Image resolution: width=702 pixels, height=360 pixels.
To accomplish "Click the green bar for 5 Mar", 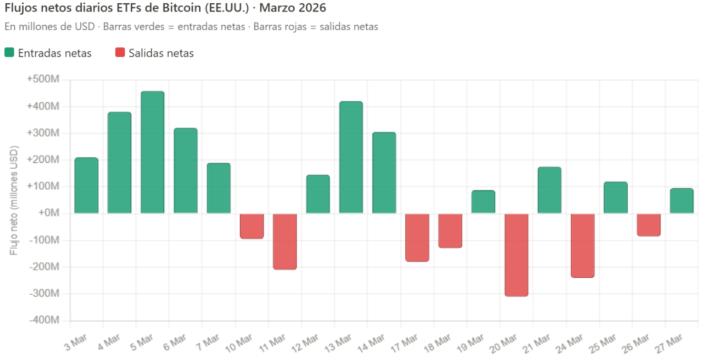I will [152, 152].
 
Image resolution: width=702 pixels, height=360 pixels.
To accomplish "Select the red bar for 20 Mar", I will [516, 255].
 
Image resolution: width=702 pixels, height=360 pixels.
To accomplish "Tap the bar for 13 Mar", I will [351, 158].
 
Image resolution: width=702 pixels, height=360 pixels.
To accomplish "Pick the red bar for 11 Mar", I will [285, 241].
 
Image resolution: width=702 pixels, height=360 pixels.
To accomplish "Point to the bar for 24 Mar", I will [583, 245].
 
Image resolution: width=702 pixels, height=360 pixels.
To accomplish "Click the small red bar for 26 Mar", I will [649, 225].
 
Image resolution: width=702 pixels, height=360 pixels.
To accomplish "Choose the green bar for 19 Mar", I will [483, 202].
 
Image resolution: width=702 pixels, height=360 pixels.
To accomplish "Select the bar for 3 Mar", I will [86, 186].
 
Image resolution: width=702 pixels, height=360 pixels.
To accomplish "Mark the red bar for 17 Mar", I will [417, 237].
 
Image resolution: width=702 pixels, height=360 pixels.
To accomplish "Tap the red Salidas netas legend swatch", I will [120, 53].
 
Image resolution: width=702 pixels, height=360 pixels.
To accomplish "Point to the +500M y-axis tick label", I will [43, 80].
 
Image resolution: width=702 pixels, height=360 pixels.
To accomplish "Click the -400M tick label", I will [44, 320].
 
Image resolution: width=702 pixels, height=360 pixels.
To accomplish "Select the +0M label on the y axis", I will [47, 213].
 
